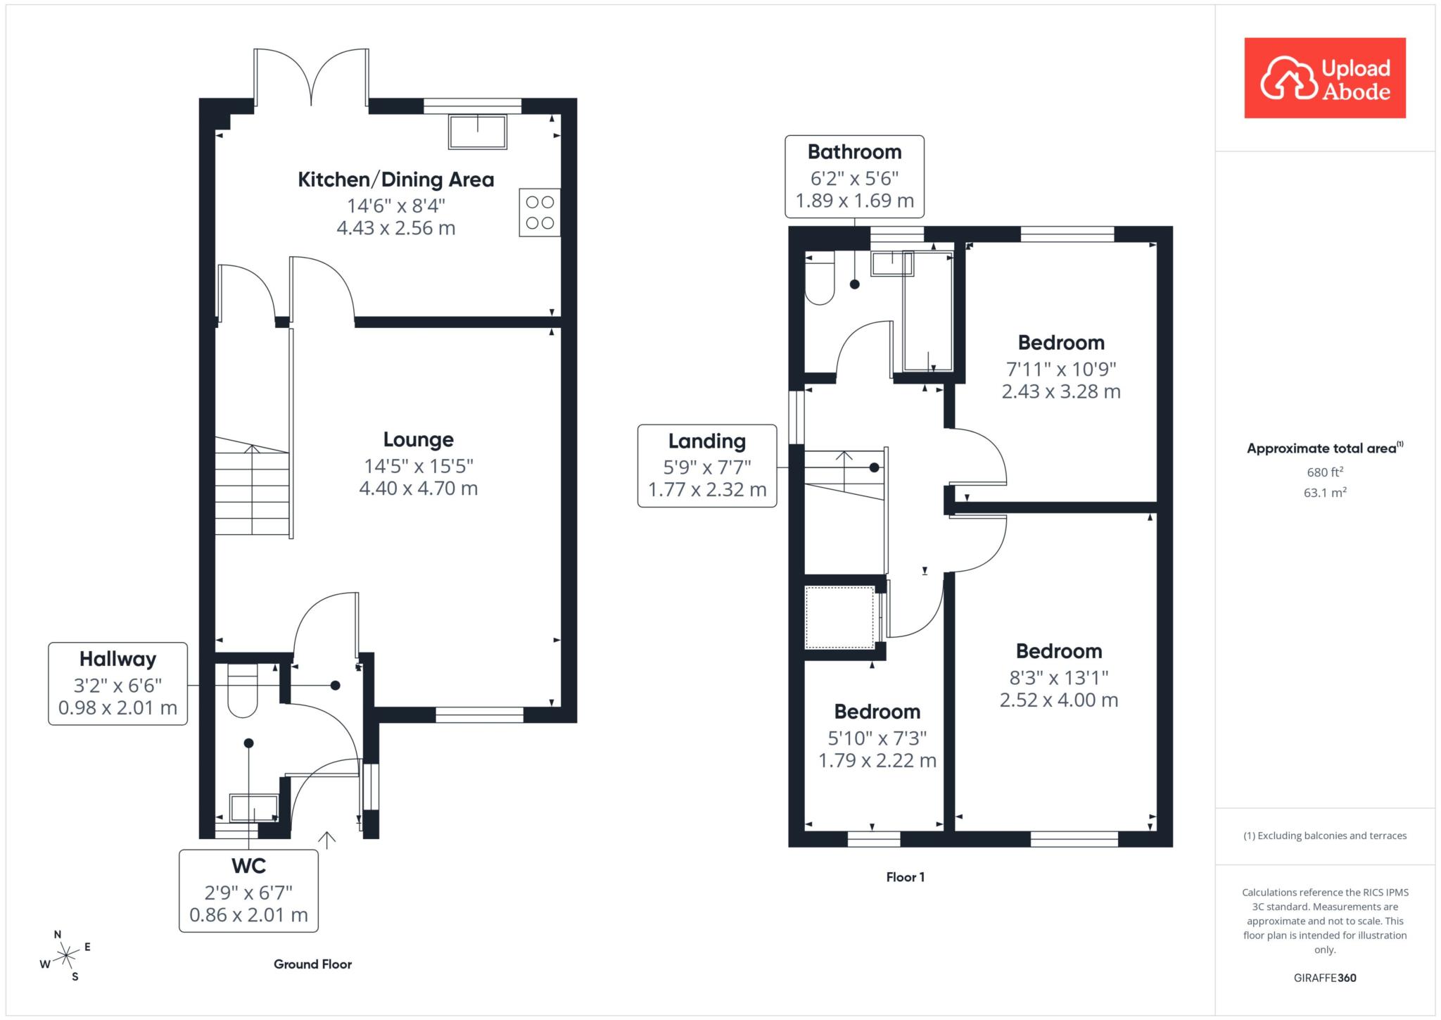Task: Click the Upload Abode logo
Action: (1325, 78)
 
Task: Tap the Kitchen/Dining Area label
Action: (396, 180)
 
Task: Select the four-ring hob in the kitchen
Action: (540, 213)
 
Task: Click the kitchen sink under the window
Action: (478, 132)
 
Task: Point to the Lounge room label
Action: (419, 439)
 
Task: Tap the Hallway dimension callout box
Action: (118, 684)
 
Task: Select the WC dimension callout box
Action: (248, 891)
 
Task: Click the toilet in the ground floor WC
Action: (243, 691)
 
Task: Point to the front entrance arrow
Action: (326, 840)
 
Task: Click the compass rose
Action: (66, 955)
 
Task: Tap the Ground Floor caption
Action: (313, 964)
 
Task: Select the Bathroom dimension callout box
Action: (854, 176)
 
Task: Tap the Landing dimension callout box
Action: (707, 466)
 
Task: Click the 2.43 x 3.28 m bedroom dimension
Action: (1061, 391)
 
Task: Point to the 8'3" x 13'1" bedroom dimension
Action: (1059, 677)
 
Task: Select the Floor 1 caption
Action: (906, 877)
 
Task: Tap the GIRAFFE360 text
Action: (1325, 978)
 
